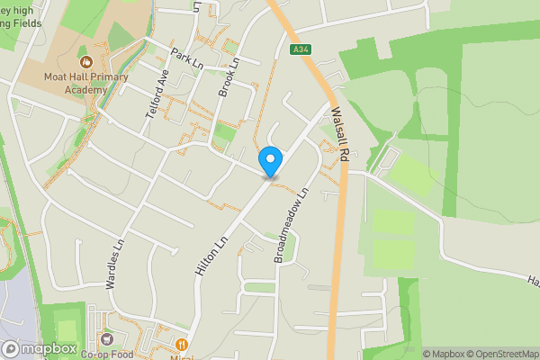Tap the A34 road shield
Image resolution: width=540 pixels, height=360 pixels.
301,50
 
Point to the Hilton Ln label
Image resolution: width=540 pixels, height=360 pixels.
208,249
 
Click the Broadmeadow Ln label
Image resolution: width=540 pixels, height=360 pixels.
292,225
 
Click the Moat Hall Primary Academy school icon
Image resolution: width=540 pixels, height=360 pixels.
86,62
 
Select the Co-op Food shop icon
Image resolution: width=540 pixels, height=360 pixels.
107,339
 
